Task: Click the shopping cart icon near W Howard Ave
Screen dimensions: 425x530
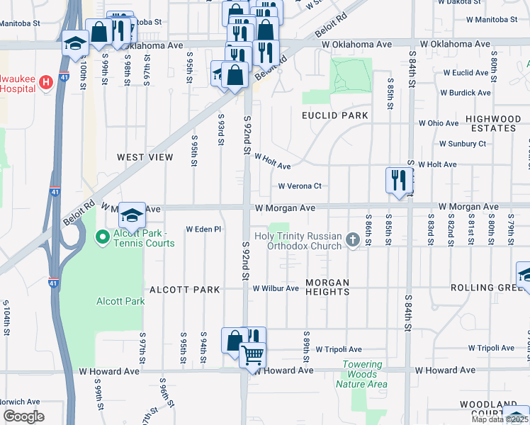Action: coord(252,353)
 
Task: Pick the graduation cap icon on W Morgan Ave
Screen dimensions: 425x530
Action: coord(131,214)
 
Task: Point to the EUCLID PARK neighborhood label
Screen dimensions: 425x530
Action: coord(335,115)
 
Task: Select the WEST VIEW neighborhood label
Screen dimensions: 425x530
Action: coord(145,157)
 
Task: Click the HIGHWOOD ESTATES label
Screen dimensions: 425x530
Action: coord(492,124)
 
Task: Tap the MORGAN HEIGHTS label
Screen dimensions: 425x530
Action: coord(327,287)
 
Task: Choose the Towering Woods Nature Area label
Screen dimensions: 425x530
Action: coord(362,374)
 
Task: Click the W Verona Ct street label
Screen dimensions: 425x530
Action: coord(300,186)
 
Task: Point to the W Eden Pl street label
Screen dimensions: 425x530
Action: coord(204,229)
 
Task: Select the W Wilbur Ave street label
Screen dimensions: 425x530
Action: coord(276,288)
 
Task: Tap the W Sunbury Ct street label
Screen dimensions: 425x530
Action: coord(463,144)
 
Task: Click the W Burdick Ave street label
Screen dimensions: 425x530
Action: coord(465,93)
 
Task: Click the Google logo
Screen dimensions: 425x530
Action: coord(23,416)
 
